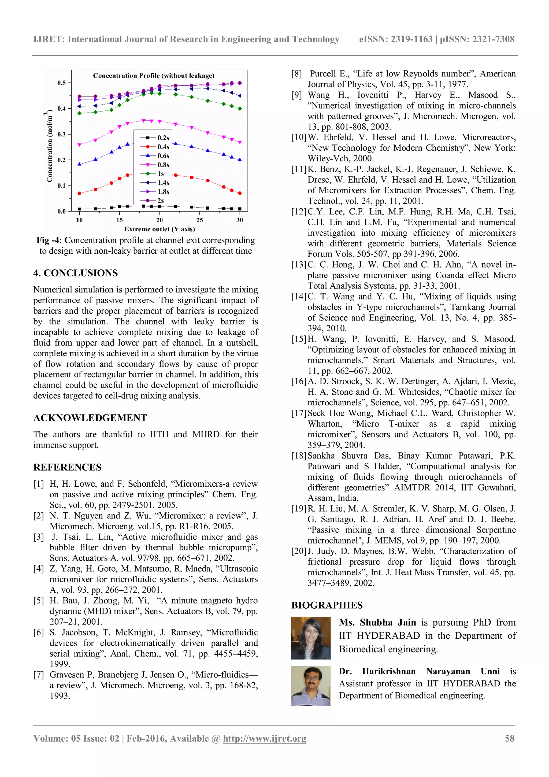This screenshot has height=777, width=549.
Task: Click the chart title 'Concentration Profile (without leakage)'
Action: [x=154, y=75]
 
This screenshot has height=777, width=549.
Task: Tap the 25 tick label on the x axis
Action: [x=199, y=220]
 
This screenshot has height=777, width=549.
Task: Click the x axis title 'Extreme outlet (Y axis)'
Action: [x=160, y=229]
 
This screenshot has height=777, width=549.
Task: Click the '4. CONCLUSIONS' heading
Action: [x=75, y=273]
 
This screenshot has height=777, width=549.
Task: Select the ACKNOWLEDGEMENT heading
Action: [x=90, y=418]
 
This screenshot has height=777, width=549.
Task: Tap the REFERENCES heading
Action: [x=67, y=467]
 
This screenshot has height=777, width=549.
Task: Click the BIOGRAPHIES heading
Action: [x=327, y=605]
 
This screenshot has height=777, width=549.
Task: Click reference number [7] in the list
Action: [x=39, y=675]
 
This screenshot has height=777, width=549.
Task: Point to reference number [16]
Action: [x=299, y=381]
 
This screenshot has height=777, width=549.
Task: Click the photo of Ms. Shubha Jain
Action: [x=310, y=638]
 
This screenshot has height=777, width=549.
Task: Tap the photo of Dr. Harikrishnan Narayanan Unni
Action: [x=310, y=686]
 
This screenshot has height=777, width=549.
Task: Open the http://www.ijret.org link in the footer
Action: [x=265, y=738]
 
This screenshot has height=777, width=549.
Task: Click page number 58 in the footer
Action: [x=509, y=738]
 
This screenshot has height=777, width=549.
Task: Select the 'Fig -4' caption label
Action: [x=48, y=240]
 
